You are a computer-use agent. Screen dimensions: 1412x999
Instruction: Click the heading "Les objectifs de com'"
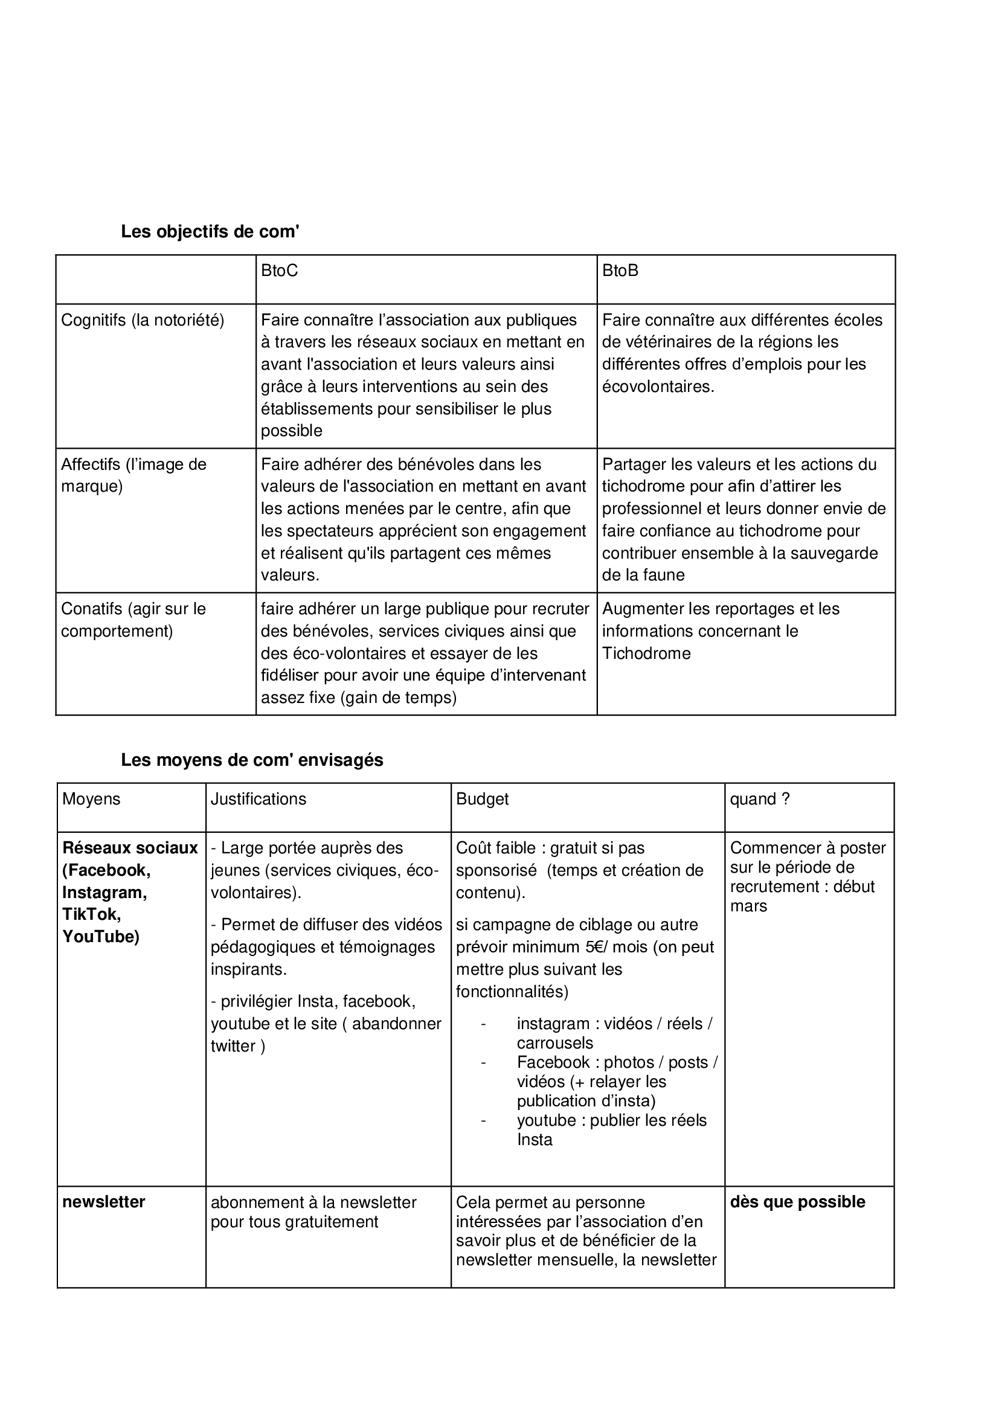tap(210, 232)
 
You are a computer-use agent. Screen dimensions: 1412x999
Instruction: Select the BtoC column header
tap(279, 271)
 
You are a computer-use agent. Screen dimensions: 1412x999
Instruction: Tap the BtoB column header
tap(620, 271)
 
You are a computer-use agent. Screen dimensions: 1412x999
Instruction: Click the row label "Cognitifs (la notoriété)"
tap(143, 320)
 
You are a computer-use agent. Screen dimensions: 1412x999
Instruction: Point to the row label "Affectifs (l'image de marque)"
tap(133, 475)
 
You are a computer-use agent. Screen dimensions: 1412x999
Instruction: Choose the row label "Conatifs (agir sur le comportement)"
tap(133, 619)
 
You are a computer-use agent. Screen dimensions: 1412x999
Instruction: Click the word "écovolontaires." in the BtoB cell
tap(658, 387)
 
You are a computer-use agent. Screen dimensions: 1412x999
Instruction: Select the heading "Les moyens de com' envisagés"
tap(252, 760)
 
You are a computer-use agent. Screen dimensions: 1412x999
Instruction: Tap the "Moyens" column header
tap(91, 799)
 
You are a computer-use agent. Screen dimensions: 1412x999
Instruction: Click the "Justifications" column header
tap(259, 799)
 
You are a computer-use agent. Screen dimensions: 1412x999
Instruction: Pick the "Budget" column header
tap(482, 799)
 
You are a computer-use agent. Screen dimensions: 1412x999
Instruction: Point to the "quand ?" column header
tap(760, 799)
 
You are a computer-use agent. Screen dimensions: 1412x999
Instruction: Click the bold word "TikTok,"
tap(92, 914)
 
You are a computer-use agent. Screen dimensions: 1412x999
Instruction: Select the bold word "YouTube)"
tap(101, 936)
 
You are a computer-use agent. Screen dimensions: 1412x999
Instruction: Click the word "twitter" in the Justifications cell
tap(233, 1046)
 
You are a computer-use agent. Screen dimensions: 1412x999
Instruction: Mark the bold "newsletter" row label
tap(103, 1202)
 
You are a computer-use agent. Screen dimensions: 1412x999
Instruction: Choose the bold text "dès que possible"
tap(797, 1202)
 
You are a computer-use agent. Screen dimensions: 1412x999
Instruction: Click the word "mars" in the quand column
tap(748, 906)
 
